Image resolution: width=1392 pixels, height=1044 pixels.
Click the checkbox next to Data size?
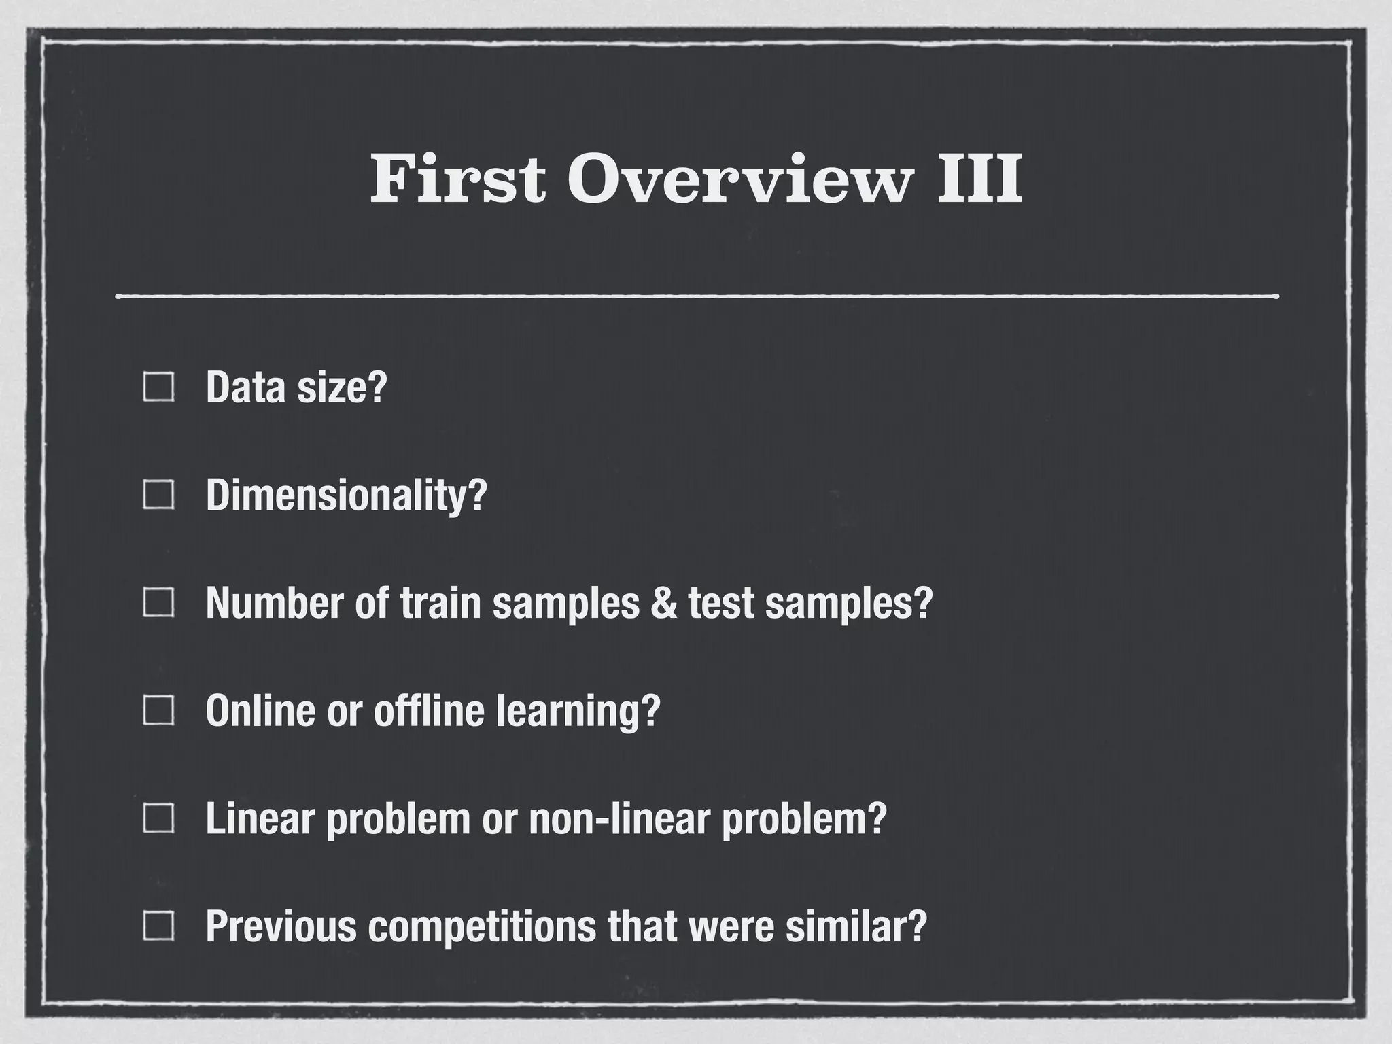158,387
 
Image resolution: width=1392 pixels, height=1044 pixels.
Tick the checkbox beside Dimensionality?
158,495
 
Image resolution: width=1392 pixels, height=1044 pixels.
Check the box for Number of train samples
158,602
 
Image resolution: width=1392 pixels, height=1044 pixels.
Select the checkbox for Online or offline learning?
158,711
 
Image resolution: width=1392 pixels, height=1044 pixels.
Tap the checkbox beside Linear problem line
158,818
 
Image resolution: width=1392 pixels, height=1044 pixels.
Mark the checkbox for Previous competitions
158,926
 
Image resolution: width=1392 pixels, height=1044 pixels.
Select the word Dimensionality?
347,495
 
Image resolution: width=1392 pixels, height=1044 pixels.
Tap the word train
440,603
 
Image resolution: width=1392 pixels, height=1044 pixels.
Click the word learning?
578,712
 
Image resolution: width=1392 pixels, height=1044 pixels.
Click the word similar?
856,926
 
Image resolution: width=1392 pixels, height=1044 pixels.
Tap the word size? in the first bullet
343,387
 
